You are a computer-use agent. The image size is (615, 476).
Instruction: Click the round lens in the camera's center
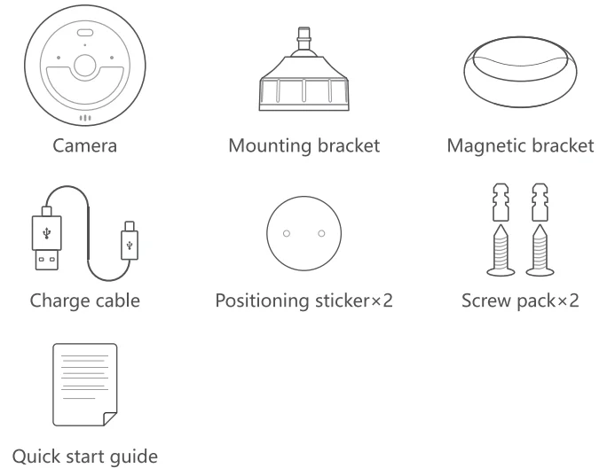click(84, 66)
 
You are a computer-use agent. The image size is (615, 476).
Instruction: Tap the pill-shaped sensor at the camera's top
click(84, 33)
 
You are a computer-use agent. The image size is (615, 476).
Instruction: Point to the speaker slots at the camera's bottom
click(85, 118)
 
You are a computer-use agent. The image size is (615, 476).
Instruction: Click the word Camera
click(84, 145)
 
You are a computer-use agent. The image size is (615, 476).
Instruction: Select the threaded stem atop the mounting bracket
click(304, 38)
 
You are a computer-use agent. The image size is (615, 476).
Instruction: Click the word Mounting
click(271, 146)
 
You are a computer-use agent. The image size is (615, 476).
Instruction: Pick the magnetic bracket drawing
click(520, 72)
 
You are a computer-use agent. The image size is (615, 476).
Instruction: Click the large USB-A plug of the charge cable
click(46, 239)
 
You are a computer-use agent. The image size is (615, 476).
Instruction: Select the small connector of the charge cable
click(130, 240)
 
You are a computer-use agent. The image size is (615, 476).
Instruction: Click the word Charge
click(58, 301)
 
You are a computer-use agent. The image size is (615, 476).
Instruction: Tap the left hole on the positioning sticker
click(287, 233)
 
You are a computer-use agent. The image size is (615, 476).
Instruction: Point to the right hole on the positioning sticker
click(321, 233)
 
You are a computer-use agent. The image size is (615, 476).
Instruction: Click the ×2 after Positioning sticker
click(382, 300)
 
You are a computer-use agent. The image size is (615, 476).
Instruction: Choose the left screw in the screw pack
click(501, 251)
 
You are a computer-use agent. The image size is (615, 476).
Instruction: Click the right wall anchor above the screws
click(540, 202)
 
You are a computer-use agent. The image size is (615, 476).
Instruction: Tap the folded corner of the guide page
click(110, 418)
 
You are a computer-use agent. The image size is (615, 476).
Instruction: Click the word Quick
click(36, 456)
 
